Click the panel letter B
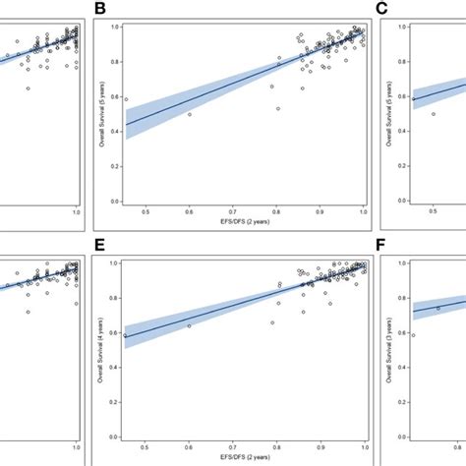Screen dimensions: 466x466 99,11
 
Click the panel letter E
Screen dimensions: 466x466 99,249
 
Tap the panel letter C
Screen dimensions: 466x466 384,11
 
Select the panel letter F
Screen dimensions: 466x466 384,249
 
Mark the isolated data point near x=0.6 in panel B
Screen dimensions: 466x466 190,114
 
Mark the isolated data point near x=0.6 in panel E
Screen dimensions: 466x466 190,325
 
